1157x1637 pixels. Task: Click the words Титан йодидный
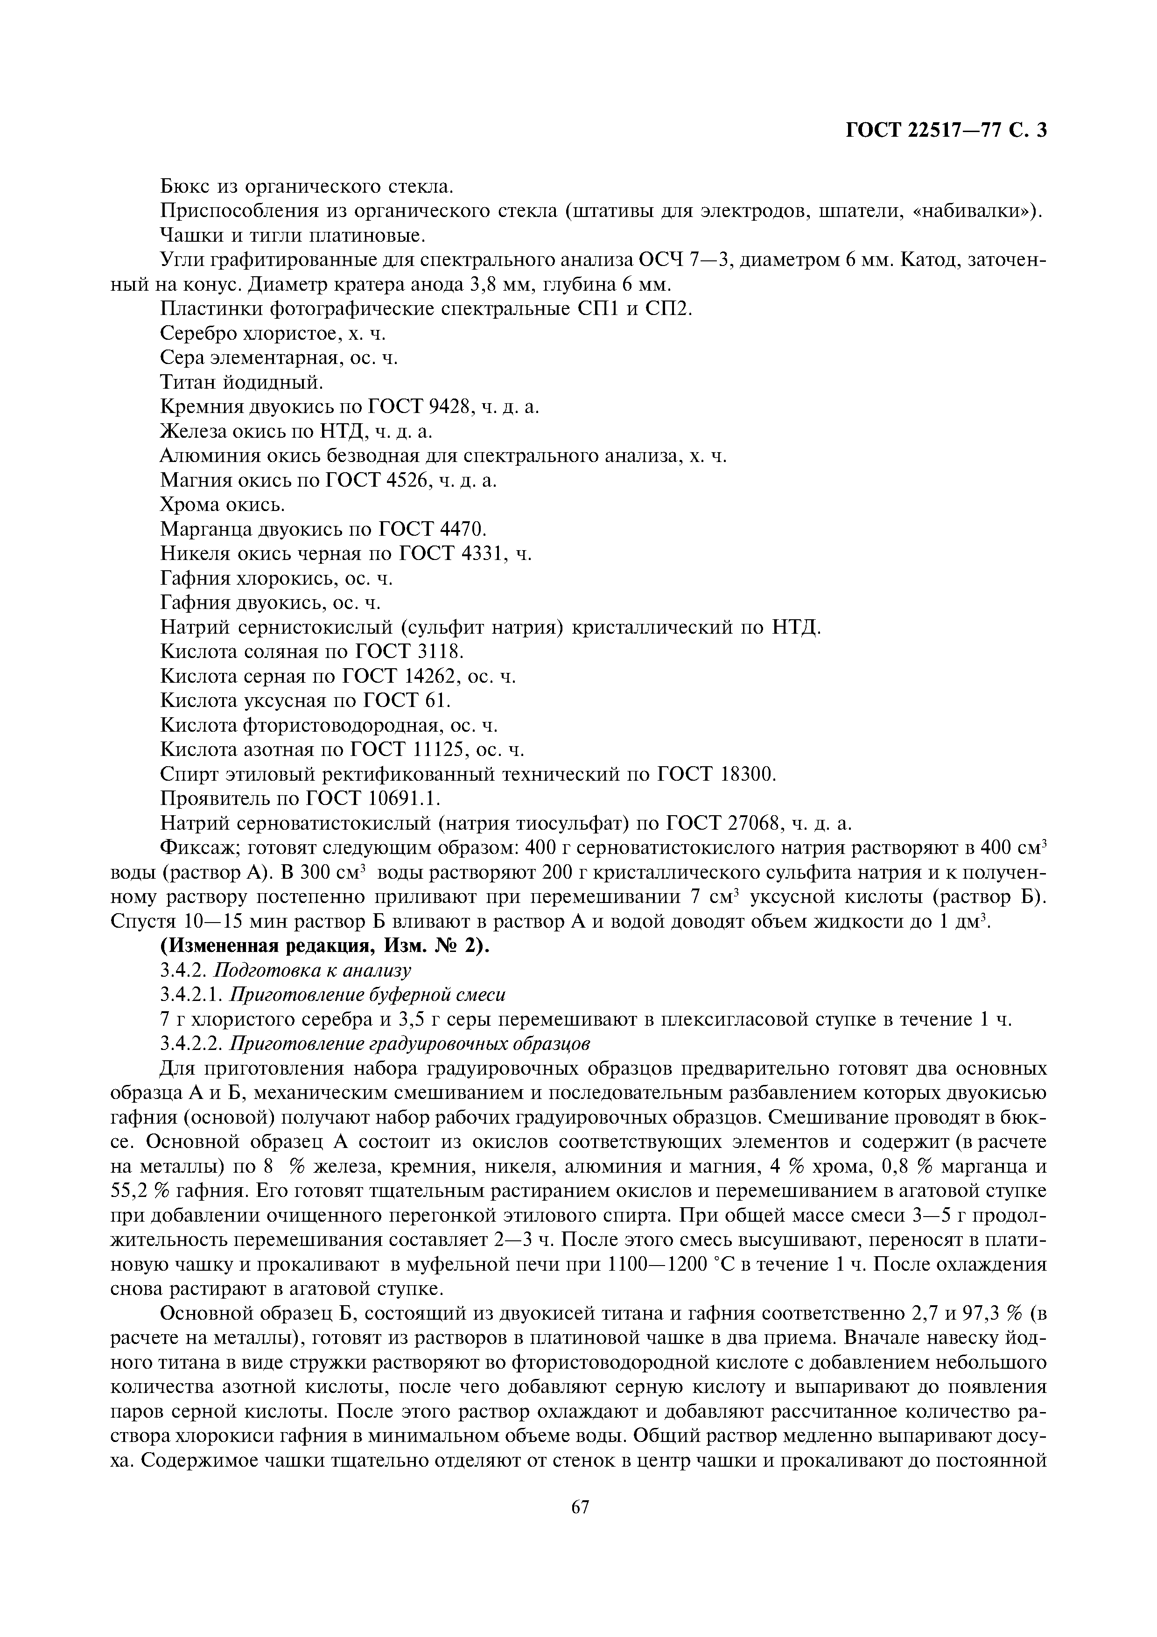click(x=242, y=382)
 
